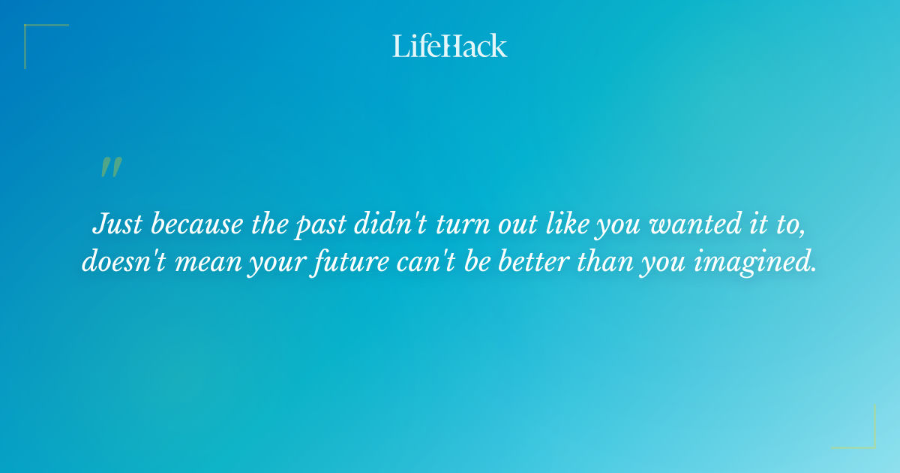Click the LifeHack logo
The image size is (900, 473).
pos(450,46)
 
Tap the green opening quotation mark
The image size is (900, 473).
pos(110,167)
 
